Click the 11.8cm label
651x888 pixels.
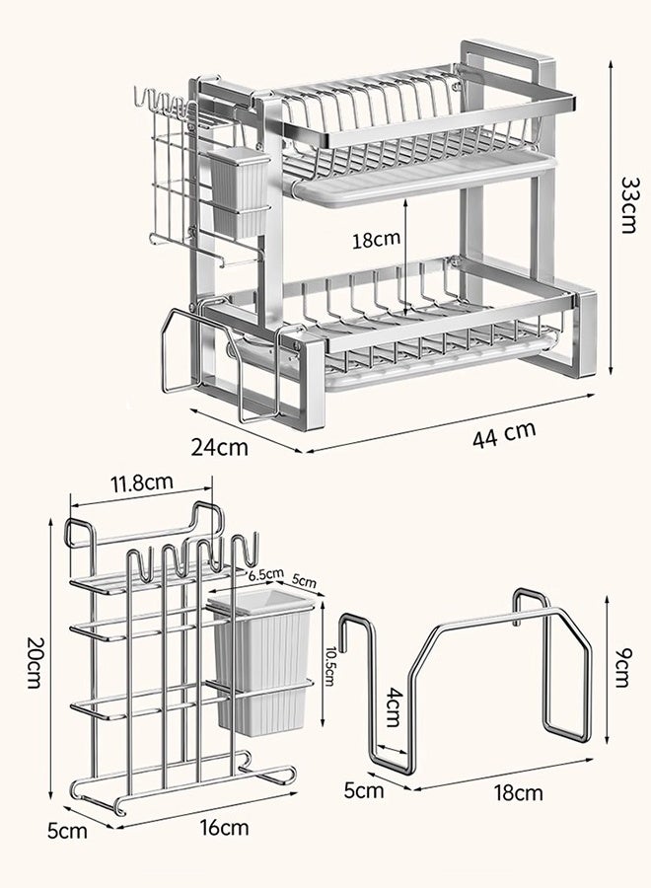142,483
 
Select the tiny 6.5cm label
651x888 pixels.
264,574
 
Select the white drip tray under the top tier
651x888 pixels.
424,180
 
